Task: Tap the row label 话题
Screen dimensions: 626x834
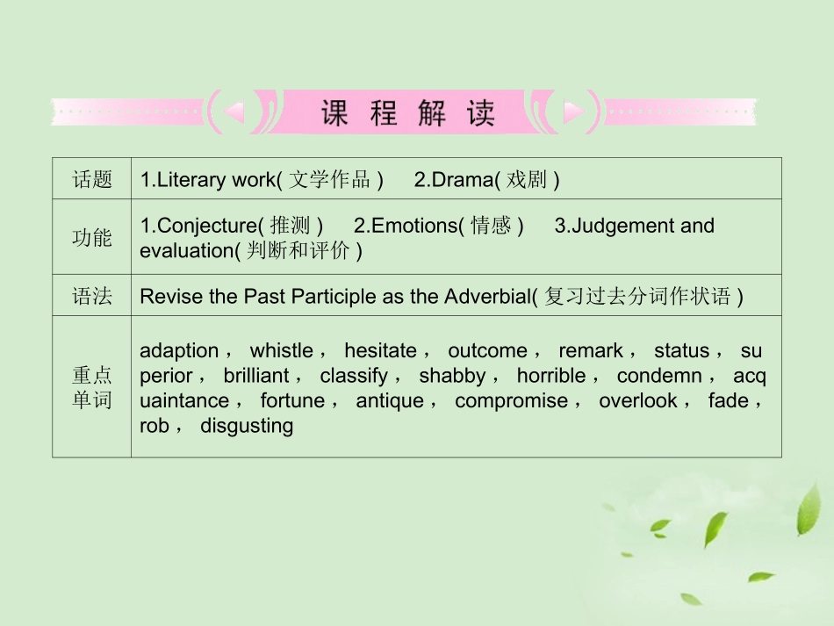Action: click(92, 180)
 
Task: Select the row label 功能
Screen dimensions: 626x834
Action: click(92, 238)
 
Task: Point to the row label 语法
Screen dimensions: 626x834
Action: click(92, 297)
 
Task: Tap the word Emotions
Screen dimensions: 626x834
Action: click(414, 226)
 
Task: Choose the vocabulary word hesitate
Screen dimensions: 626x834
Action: click(380, 351)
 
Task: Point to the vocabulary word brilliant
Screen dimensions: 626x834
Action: click(256, 376)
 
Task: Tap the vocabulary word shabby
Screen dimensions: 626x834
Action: click(451, 376)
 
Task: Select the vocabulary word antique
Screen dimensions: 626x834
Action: click(390, 401)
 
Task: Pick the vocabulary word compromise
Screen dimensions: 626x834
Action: click(511, 401)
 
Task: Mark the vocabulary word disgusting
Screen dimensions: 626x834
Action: click(246, 426)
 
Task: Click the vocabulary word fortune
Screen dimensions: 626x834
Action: click(292, 401)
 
